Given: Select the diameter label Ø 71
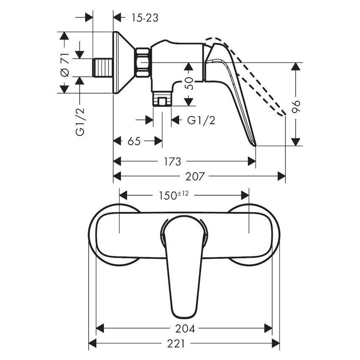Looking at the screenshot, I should (64, 66).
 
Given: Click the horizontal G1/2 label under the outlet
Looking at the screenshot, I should (201, 120).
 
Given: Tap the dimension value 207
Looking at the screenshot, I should (196, 175).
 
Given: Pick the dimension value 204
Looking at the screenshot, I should (185, 328).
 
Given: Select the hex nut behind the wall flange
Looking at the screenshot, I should (142, 63).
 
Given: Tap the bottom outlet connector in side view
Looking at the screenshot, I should (162, 100).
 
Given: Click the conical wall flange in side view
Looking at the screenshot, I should (123, 63).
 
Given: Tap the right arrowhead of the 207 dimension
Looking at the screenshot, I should (281, 175).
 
